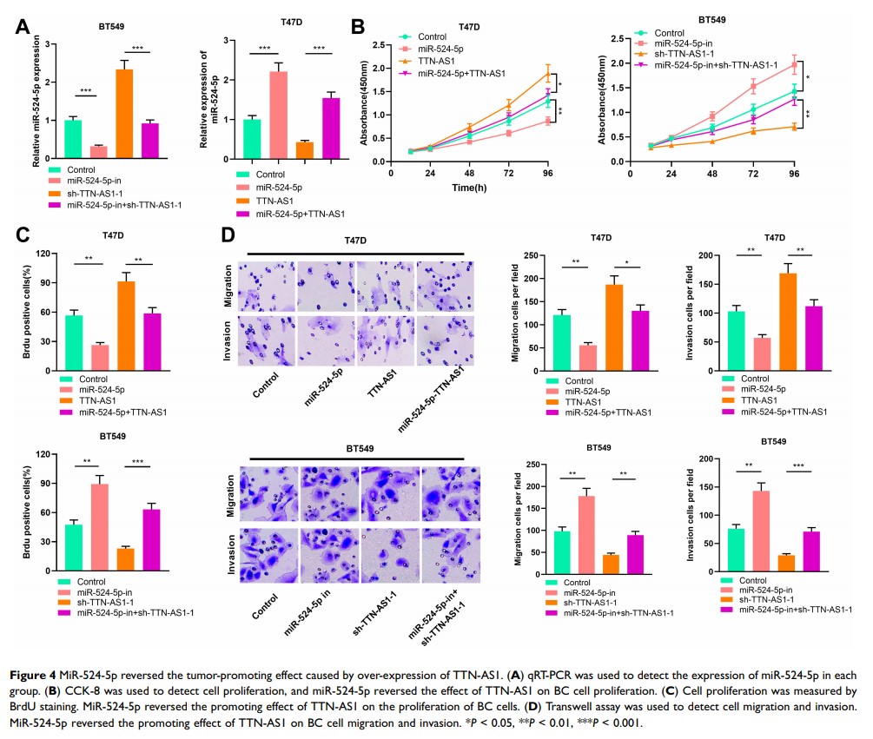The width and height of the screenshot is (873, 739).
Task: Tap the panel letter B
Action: coord(356,27)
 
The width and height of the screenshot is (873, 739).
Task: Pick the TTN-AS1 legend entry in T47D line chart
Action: coord(439,61)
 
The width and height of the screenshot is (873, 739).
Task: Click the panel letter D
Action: coord(227,235)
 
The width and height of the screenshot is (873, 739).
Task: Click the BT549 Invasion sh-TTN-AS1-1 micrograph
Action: coord(387,551)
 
